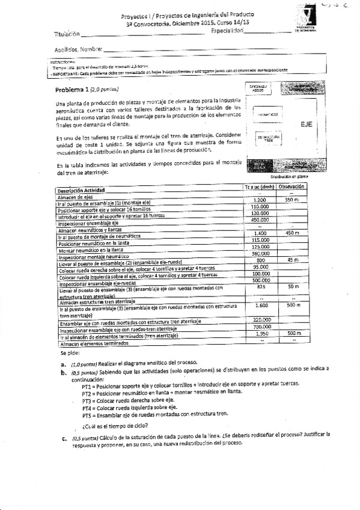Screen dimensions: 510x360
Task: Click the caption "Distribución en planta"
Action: [x=289, y=177]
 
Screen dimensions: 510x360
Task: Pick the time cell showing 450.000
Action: [x=260, y=220]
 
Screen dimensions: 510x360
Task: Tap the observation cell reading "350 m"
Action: [x=292, y=200]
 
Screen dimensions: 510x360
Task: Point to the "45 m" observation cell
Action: [x=293, y=260]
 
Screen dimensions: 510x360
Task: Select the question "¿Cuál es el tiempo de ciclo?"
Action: [x=114, y=426]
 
